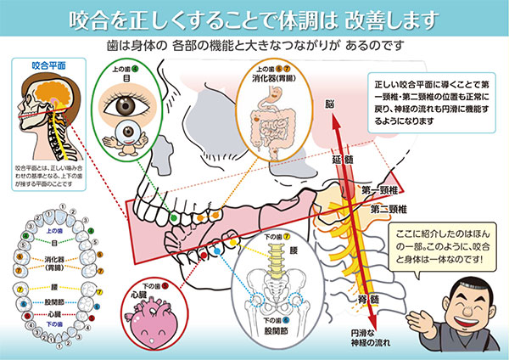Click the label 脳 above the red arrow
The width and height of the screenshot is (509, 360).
(x=333, y=103)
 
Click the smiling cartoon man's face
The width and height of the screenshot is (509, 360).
(x=462, y=305)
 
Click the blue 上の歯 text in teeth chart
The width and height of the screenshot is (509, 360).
(x=53, y=231)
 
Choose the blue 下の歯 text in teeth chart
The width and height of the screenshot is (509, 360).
(x=54, y=324)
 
